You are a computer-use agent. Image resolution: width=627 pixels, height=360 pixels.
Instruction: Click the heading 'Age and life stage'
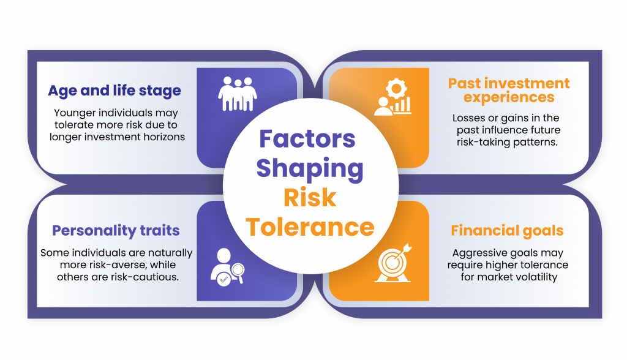click(x=115, y=91)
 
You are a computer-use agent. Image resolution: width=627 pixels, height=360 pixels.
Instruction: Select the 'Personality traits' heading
click(x=116, y=231)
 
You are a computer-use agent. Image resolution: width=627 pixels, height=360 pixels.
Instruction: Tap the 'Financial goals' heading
click(x=507, y=231)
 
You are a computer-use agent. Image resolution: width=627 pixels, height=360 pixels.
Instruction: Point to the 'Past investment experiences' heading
click(x=509, y=90)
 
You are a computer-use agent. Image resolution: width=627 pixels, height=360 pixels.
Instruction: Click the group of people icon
click(x=238, y=94)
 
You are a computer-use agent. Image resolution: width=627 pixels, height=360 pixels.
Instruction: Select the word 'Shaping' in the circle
click(x=309, y=168)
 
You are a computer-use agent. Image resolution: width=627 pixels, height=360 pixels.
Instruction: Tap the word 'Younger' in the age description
click(x=75, y=113)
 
